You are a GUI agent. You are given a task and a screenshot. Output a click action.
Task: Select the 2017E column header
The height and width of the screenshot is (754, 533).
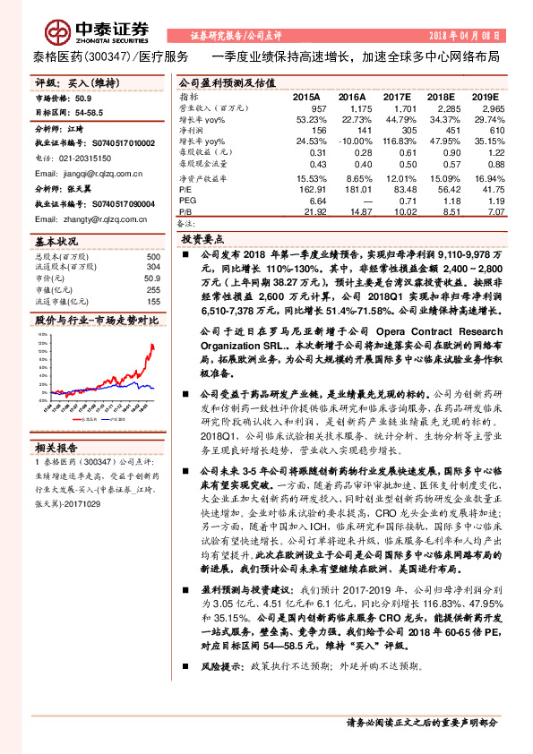pyautogui.click(x=397, y=96)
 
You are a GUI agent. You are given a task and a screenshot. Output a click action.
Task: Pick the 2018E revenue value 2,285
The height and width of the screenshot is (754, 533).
pyautogui.click(x=443, y=107)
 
